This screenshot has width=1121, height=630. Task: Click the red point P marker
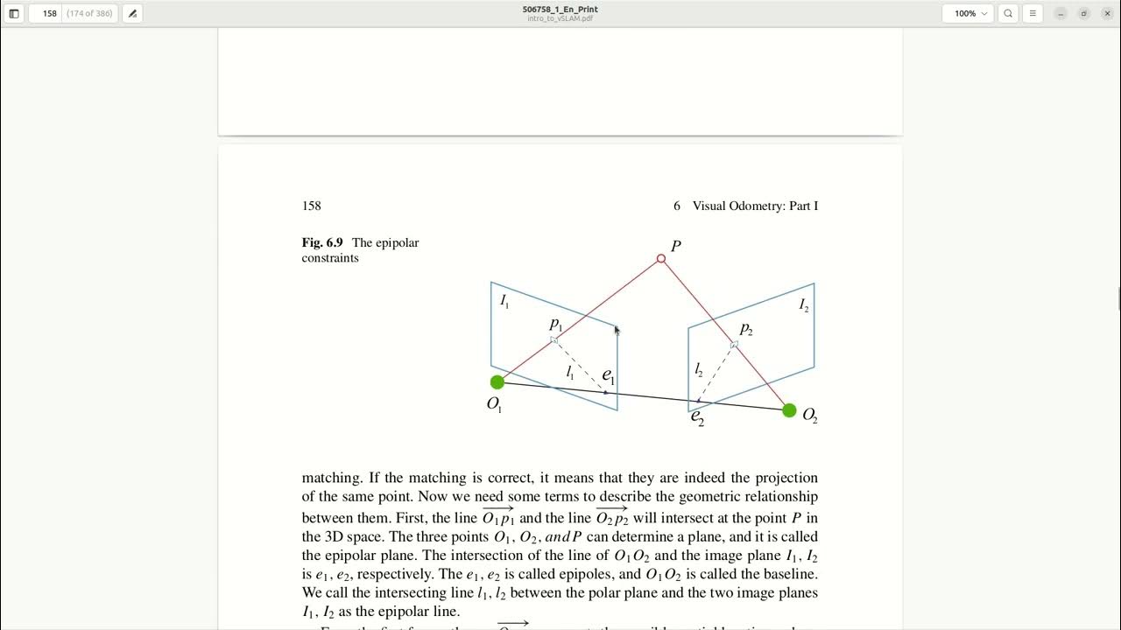[x=661, y=259]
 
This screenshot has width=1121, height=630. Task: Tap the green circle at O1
[x=497, y=382]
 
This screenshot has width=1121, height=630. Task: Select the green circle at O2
[x=789, y=410]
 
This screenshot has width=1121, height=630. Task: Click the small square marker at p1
[x=553, y=339]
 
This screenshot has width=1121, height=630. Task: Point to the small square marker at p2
[x=734, y=345]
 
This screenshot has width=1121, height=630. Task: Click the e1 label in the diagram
[x=608, y=376]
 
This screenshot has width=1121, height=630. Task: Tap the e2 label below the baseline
[x=697, y=416]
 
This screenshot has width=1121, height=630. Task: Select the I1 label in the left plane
[x=504, y=301]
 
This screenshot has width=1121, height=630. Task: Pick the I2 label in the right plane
[x=803, y=305]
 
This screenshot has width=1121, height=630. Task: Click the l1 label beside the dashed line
[x=570, y=373]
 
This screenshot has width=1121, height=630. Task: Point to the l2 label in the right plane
[x=699, y=370]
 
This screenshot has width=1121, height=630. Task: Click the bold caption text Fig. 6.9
[x=322, y=242]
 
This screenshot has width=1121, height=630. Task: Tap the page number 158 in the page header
[x=312, y=206]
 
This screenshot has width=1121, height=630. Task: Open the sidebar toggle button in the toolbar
[x=14, y=14]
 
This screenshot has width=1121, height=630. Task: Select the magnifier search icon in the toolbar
[x=1008, y=14]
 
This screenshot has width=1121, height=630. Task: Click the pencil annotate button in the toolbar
[x=132, y=14]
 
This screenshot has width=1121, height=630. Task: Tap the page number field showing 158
[x=49, y=14]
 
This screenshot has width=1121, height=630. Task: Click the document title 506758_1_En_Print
[x=560, y=10]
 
